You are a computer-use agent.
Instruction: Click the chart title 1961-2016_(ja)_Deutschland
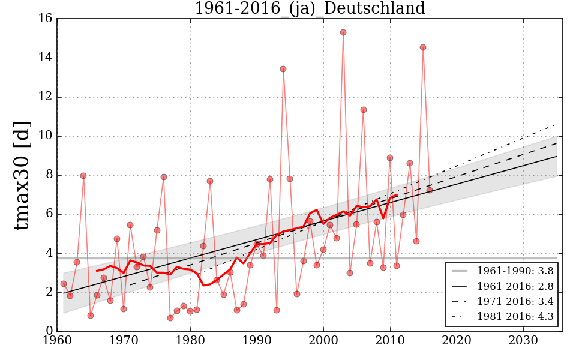(310, 8)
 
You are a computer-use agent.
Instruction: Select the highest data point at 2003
(343, 32)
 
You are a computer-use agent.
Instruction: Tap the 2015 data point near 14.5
(423, 47)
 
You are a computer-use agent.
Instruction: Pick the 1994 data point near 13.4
(283, 69)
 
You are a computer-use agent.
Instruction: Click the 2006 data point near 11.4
(363, 110)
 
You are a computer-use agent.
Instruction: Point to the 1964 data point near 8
(83, 176)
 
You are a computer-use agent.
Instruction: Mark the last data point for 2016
(430, 190)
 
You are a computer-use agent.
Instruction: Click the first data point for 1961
(64, 284)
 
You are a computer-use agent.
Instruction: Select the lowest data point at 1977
(170, 318)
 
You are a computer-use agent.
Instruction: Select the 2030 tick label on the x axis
(523, 341)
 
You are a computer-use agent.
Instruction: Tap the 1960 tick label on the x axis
(58, 341)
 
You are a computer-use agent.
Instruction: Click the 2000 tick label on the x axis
(324, 341)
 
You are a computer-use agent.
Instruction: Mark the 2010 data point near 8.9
(390, 158)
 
